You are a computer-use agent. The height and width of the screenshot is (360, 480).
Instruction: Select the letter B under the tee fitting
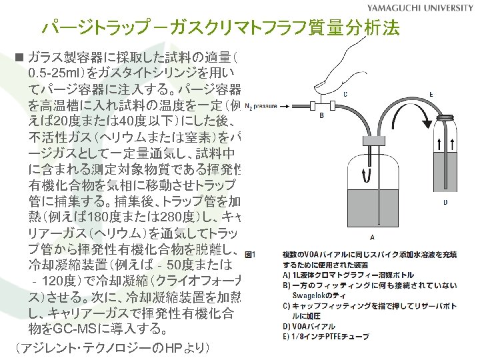click(322, 115)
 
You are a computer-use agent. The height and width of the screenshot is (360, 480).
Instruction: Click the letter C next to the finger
click(344, 95)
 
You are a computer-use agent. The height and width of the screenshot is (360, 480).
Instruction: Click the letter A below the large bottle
click(371, 237)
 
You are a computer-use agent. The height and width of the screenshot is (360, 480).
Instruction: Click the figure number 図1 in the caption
click(251, 255)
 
